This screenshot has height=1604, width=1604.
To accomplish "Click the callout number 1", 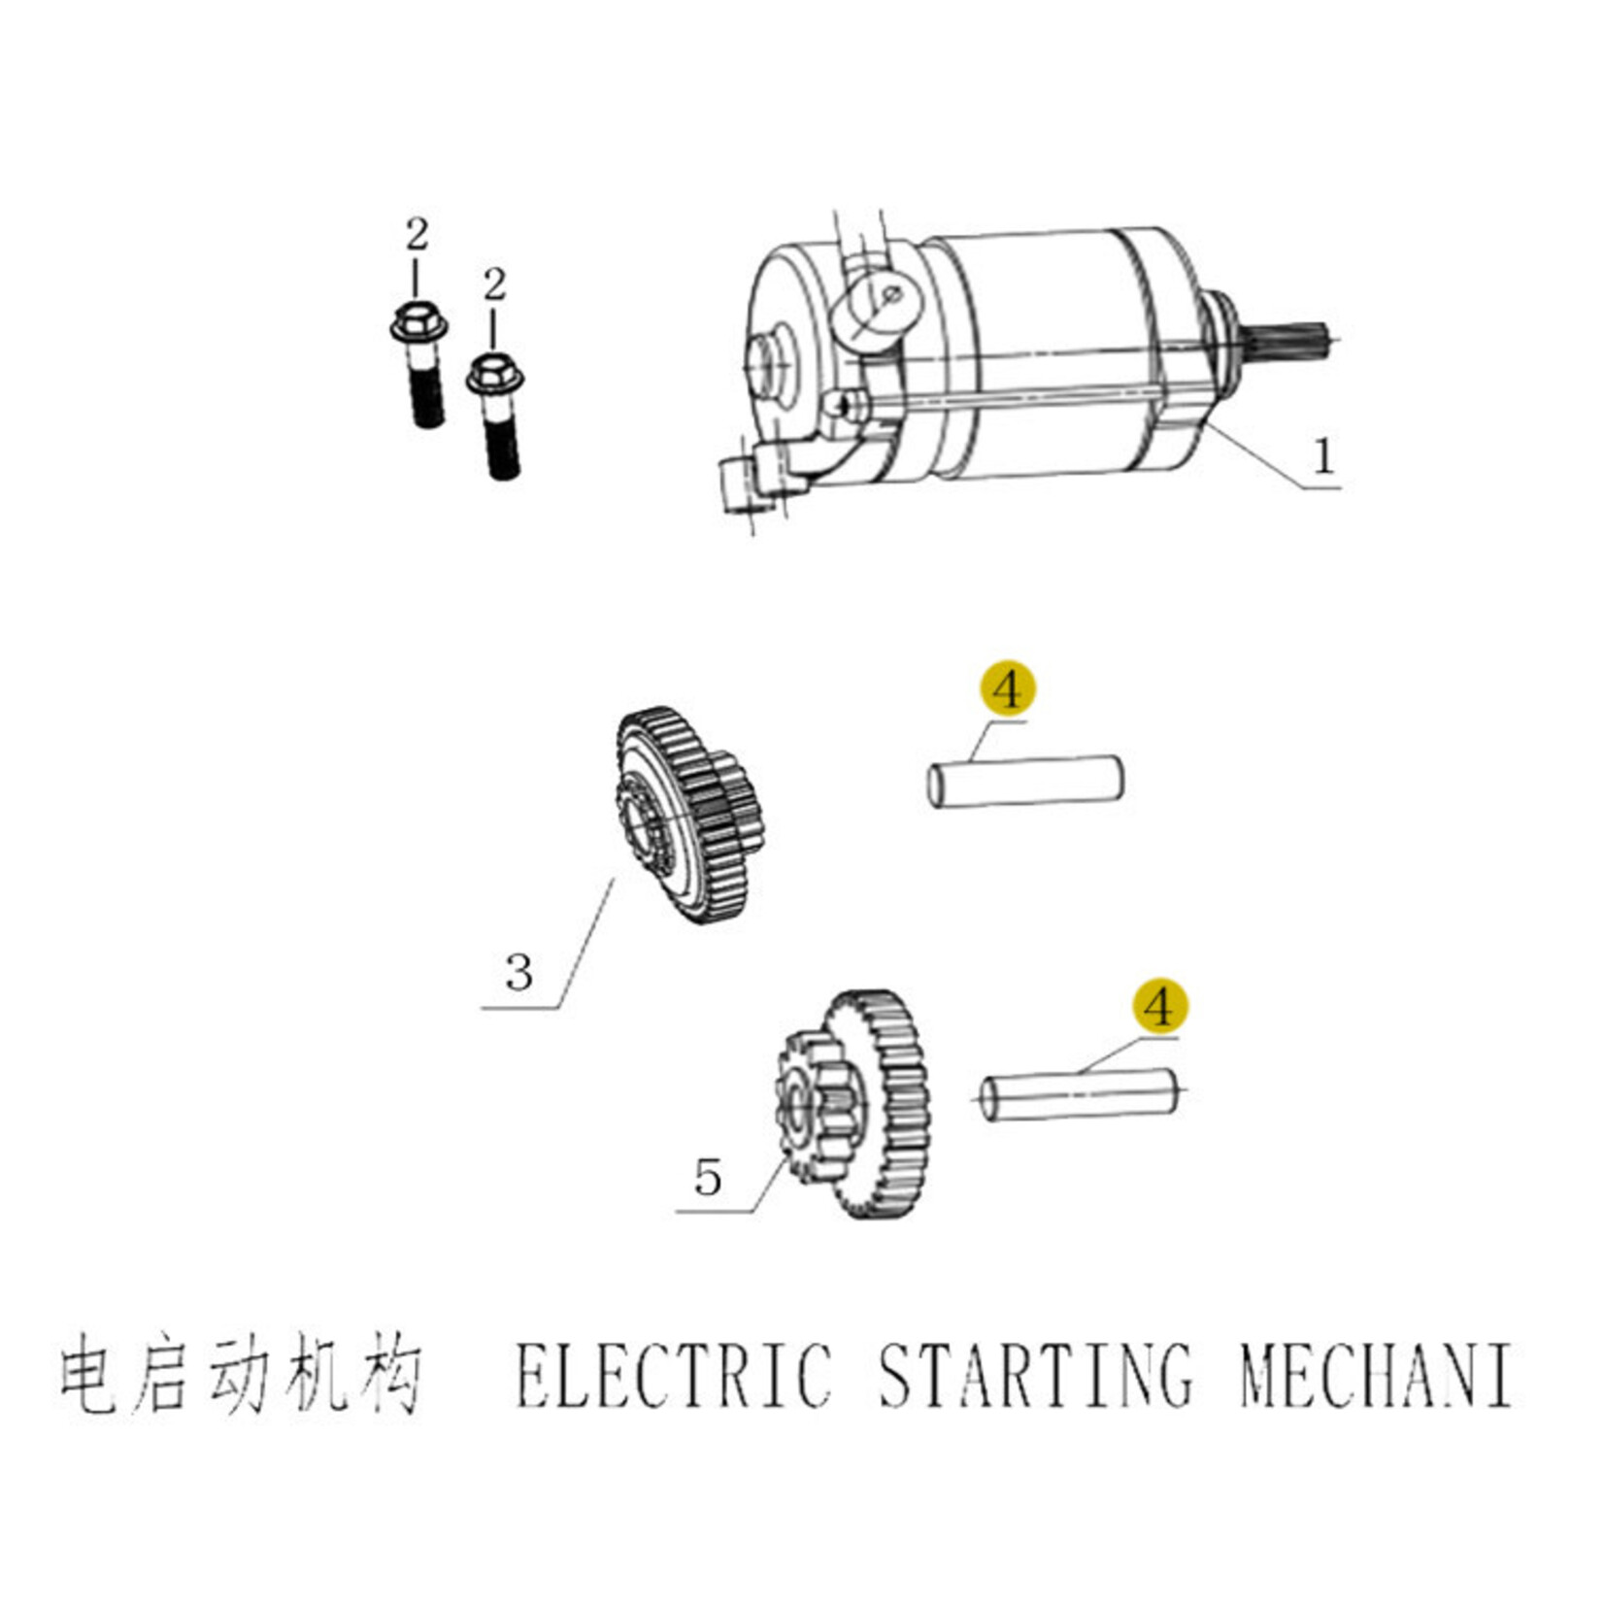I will pos(1322,456).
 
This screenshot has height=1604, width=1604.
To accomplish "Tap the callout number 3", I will pos(518,972).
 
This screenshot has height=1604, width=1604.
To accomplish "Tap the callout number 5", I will pos(708,1178).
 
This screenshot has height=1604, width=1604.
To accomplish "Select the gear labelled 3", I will pos(689,816).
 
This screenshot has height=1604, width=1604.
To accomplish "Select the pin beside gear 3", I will pos(1025,781).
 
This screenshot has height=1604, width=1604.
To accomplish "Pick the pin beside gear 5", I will pos(1081,1094).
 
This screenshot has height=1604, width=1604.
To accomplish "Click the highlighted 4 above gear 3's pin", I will pos(1008,689).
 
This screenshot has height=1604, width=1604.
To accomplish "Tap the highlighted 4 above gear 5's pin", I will pos(1160,1006).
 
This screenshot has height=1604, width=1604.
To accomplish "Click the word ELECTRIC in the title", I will pos(673,1375).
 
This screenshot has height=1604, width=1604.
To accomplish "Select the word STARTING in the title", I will pos(1035,1375).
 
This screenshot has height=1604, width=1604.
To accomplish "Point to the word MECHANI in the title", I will pos(1375,1375).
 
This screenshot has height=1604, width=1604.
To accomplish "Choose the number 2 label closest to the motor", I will pos(494,284).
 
